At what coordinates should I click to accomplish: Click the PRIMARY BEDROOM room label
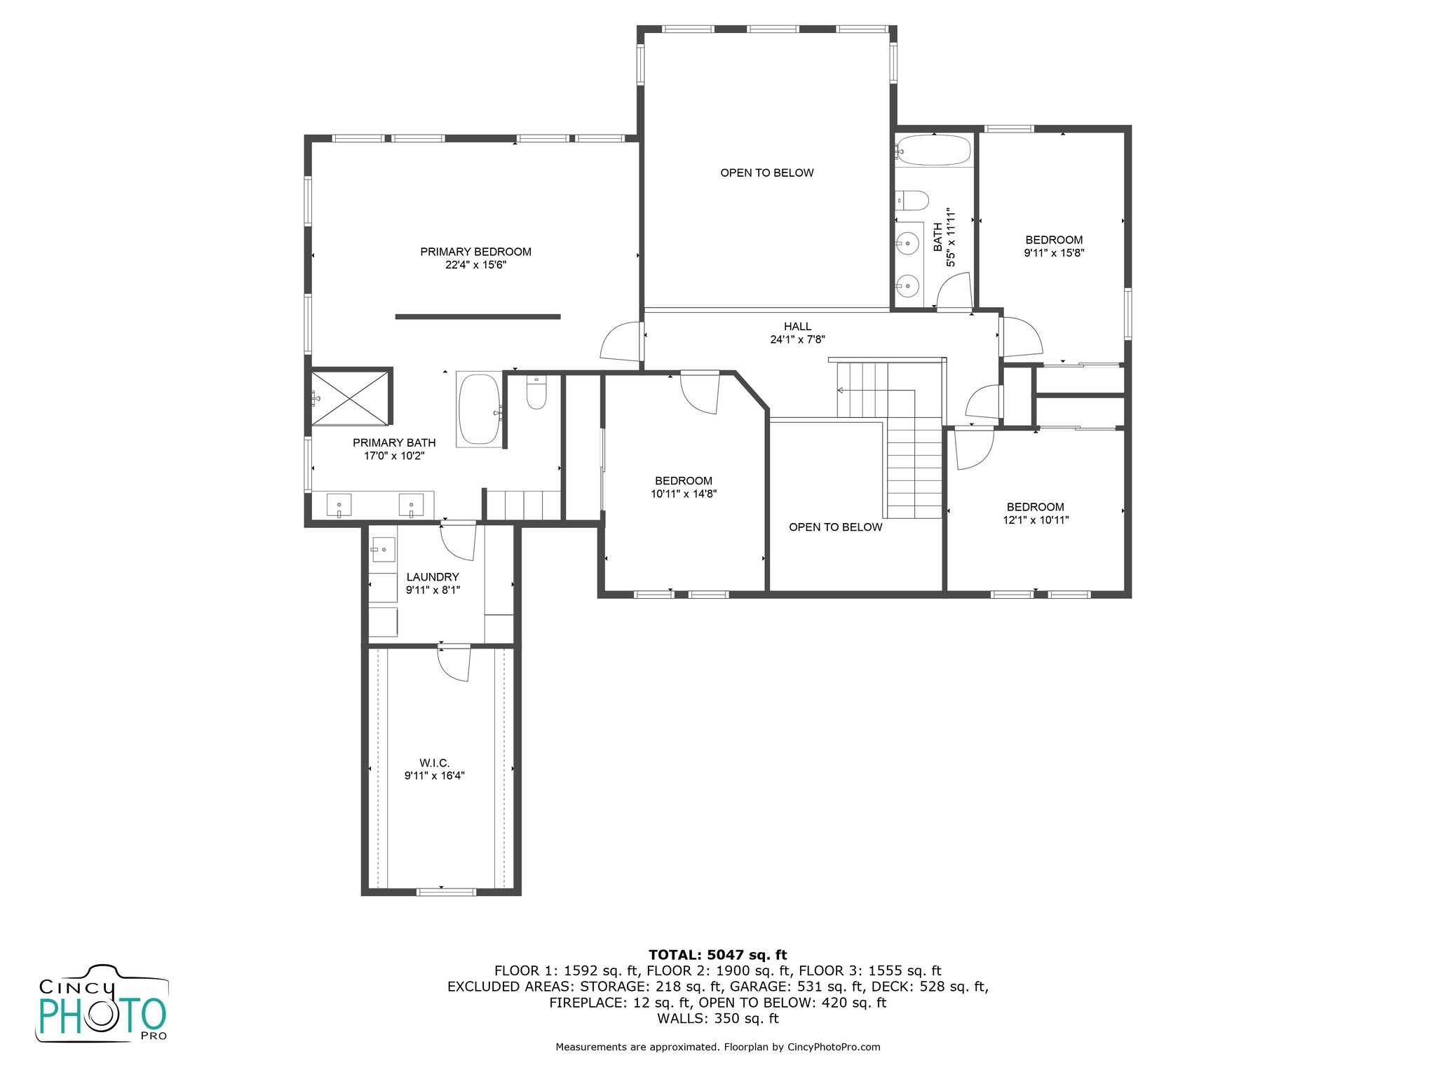pyautogui.click(x=475, y=252)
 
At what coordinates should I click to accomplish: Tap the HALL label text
pyautogui.click(x=797, y=327)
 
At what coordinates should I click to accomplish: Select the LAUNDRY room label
pyautogui.click(x=433, y=577)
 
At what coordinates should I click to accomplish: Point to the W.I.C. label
pyautogui.click(x=434, y=763)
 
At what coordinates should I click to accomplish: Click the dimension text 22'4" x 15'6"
pyautogui.click(x=475, y=265)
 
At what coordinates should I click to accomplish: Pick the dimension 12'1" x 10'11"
pyautogui.click(x=1036, y=520)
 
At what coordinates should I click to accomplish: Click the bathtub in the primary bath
pyautogui.click(x=479, y=409)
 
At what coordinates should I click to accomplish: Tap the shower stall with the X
pyautogui.click(x=349, y=398)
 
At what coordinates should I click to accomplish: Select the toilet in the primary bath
pyautogui.click(x=536, y=393)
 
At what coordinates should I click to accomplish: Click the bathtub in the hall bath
pyautogui.click(x=933, y=150)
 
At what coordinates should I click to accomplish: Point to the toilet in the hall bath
pyautogui.click(x=912, y=200)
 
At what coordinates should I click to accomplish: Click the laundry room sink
pyautogui.click(x=383, y=550)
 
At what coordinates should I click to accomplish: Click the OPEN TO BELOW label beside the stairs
pyautogui.click(x=835, y=527)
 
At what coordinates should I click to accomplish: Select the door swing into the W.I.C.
pyautogui.click(x=454, y=664)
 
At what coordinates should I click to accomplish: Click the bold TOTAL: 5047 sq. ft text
pyautogui.click(x=717, y=955)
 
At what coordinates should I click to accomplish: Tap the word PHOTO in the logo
pyautogui.click(x=102, y=1015)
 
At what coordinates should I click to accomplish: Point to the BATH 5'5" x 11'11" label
pyautogui.click(x=944, y=237)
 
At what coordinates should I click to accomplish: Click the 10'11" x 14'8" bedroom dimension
pyautogui.click(x=684, y=494)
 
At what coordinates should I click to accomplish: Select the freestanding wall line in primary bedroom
pyautogui.click(x=477, y=317)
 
